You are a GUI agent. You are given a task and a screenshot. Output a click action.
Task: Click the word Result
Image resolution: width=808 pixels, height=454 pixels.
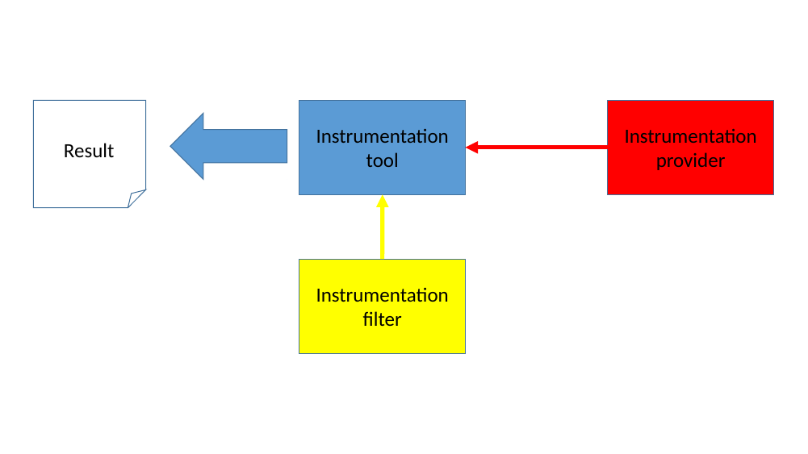coord(89,151)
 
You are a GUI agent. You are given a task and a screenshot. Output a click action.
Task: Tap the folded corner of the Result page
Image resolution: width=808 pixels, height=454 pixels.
coord(136,198)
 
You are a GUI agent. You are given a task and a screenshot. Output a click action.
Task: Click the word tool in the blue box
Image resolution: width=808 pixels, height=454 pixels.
coord(382,160)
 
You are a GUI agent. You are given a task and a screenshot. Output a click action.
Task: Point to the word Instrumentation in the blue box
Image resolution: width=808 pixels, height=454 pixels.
coord(382,136)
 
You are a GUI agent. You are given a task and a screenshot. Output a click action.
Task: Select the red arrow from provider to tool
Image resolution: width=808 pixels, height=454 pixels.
coord(541,147)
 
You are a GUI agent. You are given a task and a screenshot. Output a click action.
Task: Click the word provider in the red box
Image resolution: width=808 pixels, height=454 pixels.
coord(690,160)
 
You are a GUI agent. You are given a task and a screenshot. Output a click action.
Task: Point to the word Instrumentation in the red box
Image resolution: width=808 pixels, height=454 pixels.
coord(690,136)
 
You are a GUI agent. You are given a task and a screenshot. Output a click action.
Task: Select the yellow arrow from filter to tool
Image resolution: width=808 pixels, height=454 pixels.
coord(382,234)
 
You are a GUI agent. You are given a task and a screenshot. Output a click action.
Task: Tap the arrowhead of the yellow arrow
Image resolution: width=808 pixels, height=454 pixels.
coord(382,202)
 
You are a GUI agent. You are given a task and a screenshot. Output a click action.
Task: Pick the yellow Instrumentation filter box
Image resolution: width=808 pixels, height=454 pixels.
coord(382,339)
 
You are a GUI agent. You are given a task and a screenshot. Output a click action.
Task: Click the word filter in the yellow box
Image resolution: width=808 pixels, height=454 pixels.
coord(382,319)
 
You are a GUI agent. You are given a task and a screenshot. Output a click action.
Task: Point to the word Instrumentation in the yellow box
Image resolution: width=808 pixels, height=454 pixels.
coord(382,295)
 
